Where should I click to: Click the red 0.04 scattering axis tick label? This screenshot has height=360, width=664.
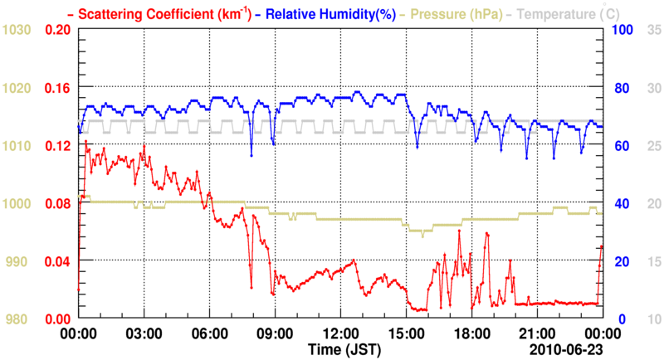click(x=56, y=262)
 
